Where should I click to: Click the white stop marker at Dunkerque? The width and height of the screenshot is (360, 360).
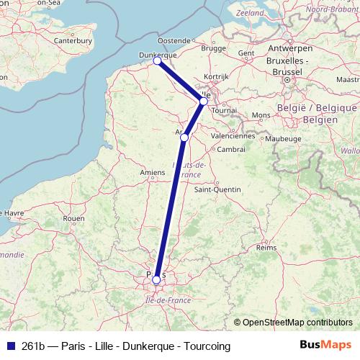pyautogui.click(x=157, y=61)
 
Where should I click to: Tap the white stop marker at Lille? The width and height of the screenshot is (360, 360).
pyautogui.click(x=204, y=102)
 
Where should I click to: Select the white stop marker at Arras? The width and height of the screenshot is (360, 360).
pyautogui.click(x=185, y=137)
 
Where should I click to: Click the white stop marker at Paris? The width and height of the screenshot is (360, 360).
pyautogui.click(x=156, y=279)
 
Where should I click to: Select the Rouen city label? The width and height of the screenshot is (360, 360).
pyautogui.click(x=73, y=218)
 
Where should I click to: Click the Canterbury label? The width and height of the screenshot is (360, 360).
pyautogui.click(x=73, y=41)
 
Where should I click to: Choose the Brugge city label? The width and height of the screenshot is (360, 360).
pyautogui.click(x=214, y=48)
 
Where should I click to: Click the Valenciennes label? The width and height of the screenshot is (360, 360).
pyautogui.click(x=233, y=135)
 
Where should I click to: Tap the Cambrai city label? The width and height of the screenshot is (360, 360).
pyautogui.click(x=231, y=149)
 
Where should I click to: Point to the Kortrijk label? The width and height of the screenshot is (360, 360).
pyautogui.click(x=216, y=76)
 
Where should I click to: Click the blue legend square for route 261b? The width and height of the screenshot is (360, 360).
pyautogui.click(x=9, y=346)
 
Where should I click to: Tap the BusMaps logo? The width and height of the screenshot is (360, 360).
pyautogui.click(x=325, y=346)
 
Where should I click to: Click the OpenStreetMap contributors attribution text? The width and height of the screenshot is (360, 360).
pyautogui.click(x=297, y=322)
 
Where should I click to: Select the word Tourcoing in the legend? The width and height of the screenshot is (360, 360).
pyautogui.click(x=207, y=346)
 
